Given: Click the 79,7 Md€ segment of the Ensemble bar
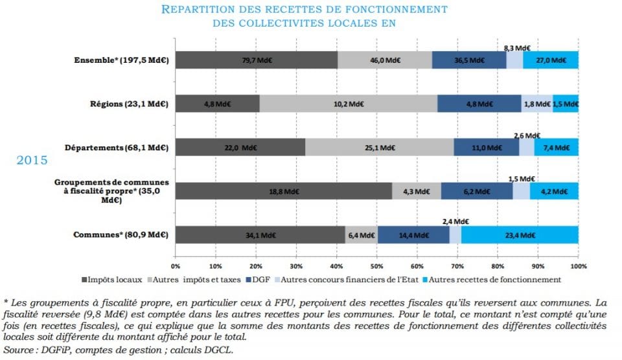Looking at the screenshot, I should click(x=256, y=60).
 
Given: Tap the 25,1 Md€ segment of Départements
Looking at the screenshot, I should click(x=379, y=147).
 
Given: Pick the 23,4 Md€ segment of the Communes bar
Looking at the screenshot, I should click(x=519, y=235).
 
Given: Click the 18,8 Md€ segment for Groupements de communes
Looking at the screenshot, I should click(x=283, y=191).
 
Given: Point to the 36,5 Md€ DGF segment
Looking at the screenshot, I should click(x=468, y=60).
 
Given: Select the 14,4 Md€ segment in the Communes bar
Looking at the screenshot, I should click(x=413, y=235).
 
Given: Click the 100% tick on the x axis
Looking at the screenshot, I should click(x=578, y=265).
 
